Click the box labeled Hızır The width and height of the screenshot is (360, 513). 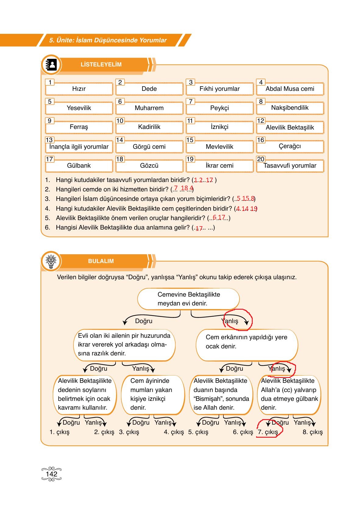79,89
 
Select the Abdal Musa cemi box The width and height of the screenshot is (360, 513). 290,89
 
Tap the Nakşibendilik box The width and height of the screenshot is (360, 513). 290,108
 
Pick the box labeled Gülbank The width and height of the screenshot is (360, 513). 79,166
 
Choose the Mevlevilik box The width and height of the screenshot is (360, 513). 219,147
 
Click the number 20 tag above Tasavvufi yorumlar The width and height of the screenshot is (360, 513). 261,159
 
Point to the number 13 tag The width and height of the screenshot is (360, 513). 49,140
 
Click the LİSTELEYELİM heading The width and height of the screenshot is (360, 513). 101,65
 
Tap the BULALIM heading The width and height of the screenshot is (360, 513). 101,261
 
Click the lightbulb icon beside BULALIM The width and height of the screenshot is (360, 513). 51,261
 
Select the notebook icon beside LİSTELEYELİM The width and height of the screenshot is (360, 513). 51,65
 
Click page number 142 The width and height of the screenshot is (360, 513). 52,474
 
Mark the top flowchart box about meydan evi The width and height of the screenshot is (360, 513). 188,299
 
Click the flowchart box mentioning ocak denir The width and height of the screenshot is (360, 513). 247,345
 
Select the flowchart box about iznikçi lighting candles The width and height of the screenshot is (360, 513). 153,394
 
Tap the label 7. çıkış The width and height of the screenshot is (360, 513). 268,432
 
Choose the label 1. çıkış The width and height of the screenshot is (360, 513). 59,432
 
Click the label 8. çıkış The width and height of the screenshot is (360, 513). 312,432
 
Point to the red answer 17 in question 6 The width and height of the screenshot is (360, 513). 199,228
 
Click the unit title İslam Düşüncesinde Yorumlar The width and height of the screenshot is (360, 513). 108,40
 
